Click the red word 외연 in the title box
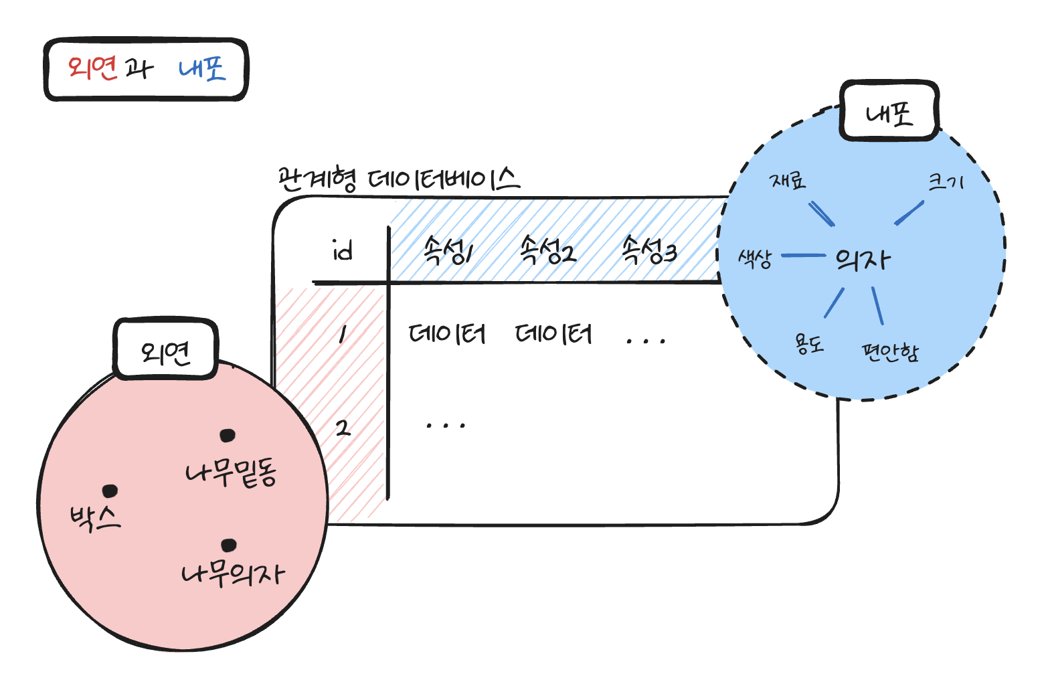pos(92,68)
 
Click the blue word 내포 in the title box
pos(202,69)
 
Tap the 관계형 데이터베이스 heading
pos(398,179)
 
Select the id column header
pos(342,251)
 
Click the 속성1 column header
pos(448,251)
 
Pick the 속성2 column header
pos(547,251)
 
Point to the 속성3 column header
pos(648,251)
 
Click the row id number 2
pos(343,427)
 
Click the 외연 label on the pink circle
pos(165,351)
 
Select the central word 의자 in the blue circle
pos(863,259)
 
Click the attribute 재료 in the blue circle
pos(788,181)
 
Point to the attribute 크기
pos(945,181)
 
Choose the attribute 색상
pos(755,258)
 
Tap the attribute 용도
pos(809,344)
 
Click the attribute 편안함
pos(889,351)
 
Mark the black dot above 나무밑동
pos(228,436)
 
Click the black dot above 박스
pos(110,491)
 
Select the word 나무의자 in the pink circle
pos(233,574)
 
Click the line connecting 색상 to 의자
pos(803,255)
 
